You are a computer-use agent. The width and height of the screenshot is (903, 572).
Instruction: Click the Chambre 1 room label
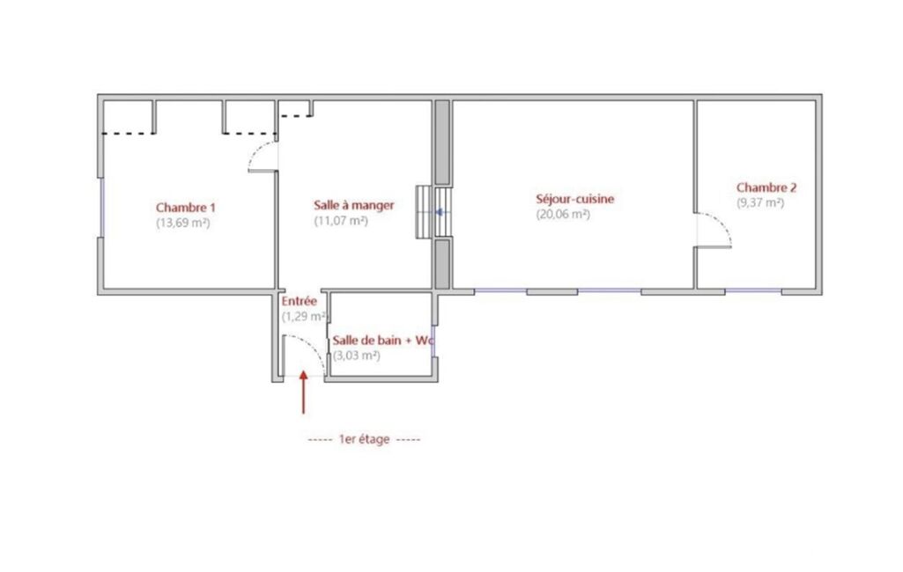(x=185, y=207)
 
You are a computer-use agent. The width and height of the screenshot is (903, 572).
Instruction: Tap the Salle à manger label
(x=353, y=205)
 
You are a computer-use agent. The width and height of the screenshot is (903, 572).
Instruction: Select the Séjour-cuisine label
(x=574, y=199)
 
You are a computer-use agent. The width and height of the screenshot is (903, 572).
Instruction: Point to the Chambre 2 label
(x=766, y=187)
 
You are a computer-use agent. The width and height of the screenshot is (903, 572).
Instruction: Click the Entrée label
(x=299, y=301)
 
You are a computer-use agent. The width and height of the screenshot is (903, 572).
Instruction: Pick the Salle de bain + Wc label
(x=382, y=340)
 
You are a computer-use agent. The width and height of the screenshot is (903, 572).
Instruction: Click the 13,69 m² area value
(x=182, y=223)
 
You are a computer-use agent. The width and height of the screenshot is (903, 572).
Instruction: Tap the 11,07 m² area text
(x=340, y=220)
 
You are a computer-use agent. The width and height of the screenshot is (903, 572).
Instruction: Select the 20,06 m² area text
(x=563, y=214)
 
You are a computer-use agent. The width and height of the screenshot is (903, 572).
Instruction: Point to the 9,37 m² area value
(x=760, y=202)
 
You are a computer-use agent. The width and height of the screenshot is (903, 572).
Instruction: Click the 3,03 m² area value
(x=357, y=356)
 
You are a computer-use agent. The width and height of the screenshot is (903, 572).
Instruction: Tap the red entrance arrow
(x=303, y=392)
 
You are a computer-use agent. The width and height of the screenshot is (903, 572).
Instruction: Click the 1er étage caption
(x=364, y=439)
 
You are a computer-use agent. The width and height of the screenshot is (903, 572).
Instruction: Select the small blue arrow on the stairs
(x=440, y=212)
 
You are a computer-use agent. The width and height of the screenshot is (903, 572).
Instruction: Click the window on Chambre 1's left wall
(x=102, y=207)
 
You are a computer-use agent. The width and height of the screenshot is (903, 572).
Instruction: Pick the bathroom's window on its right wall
(x=433, y=341)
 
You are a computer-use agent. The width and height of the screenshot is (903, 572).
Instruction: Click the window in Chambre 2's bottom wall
(x=753, y=291)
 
